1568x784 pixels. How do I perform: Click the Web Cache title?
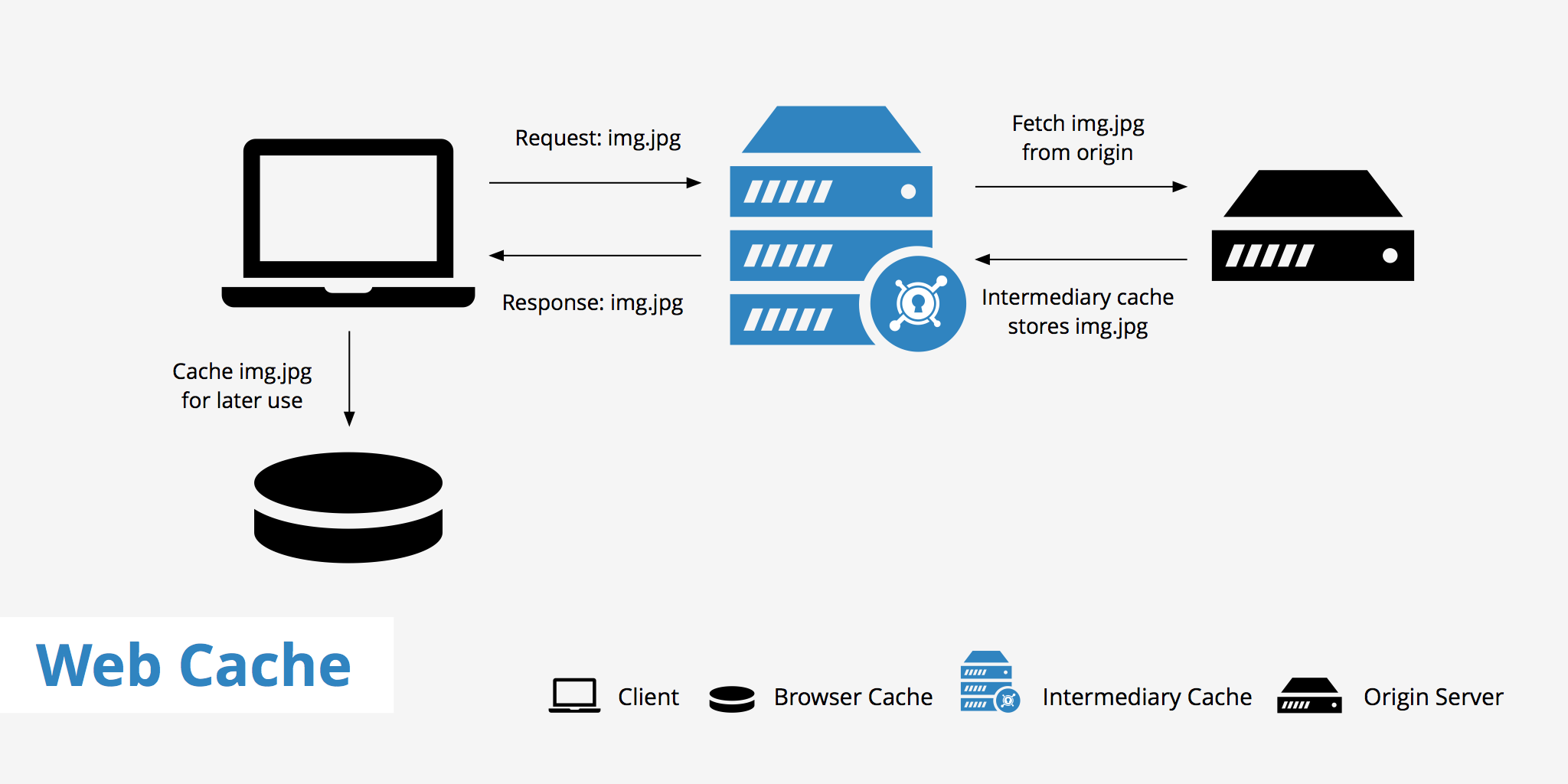(x=193, y=665)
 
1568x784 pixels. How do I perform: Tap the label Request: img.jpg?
(x=597, y=139)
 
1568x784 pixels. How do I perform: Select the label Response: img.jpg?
(x=592, y=303)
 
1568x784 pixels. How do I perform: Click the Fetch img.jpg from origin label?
(x=1077, y=138)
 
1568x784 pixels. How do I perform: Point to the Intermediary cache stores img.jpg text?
(x=1077, y=312)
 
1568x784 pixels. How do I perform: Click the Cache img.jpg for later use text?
(x=242, y=386)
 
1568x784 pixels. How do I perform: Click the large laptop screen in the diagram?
(x=348, y=208)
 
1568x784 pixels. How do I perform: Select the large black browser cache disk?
(x=348, y=507)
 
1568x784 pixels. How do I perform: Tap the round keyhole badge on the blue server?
(x=917, y=304)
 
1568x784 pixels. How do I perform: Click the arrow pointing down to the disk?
(x=349, y=378)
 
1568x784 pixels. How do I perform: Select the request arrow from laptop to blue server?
(x=595, y=183)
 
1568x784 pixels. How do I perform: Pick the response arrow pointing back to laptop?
(x=595, y=256)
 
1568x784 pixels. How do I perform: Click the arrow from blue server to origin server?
(x=1080, y=186)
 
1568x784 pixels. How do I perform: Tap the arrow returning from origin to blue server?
(x=1080, y=260)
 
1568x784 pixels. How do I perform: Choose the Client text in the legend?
(x=648, y=697)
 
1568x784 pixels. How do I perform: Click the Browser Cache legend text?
(x=853, y=697)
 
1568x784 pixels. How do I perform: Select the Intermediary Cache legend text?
(x=1147, y=697)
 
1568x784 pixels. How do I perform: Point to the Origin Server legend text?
(x=1433, y=697)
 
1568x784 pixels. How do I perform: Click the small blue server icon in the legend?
(x=988, y=681)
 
